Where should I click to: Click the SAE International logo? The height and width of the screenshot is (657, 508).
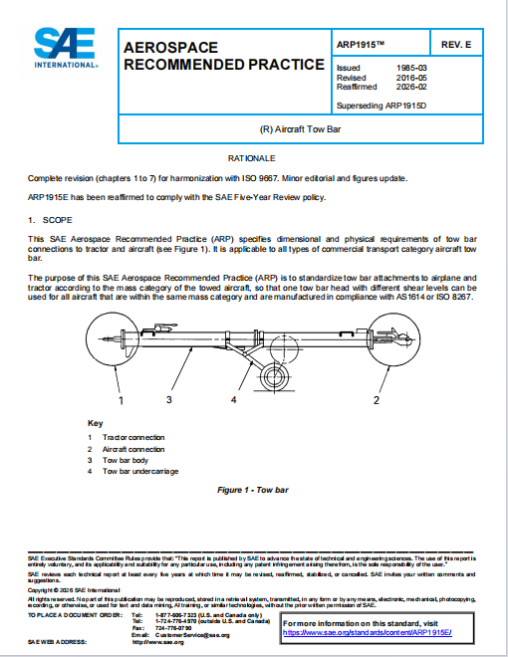point(65,49)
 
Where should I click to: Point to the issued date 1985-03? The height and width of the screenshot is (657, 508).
point(401,68)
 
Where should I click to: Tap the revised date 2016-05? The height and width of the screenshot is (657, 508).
point(401,78)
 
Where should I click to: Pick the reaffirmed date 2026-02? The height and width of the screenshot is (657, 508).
point(401,87)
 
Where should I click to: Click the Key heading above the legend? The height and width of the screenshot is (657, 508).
point(95,423)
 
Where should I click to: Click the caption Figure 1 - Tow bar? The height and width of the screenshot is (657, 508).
point(253,491)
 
